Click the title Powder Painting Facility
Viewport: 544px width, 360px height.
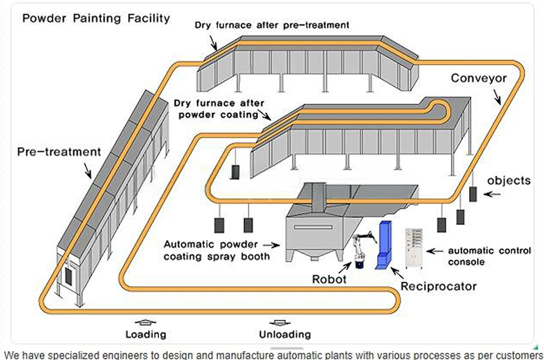[96, 19]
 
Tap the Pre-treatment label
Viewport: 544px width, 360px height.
[59, 152]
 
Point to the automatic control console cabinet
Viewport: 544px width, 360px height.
[414, 249]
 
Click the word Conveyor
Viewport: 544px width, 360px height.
[478, 79]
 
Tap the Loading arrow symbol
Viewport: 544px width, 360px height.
[145, 322]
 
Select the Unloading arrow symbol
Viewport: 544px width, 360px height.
[280, 323]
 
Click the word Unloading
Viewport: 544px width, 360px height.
[285, 334]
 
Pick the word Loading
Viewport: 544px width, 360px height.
[146, 334]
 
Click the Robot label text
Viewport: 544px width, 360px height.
[329, 279]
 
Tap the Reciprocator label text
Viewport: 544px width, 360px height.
[439, 286]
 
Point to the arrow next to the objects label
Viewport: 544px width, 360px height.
[492, 194]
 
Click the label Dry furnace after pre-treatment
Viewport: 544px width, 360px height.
[272, 25]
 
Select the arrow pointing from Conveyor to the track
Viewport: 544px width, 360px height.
[497, 97]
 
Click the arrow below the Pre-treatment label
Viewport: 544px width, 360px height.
[88, 170]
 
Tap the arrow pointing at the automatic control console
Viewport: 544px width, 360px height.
[435, 251]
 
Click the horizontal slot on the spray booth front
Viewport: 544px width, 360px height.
[313, 227]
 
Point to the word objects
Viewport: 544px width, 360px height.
[509, 181]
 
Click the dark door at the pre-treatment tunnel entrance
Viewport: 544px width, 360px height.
[69, 277]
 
